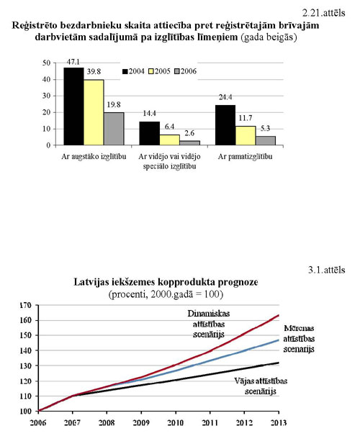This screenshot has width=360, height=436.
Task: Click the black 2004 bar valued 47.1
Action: (73, 106)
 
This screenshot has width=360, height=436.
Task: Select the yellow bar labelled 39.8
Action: (94, 112)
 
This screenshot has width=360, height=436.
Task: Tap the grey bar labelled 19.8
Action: (114, 129)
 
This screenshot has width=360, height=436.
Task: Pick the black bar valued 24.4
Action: (226, 125)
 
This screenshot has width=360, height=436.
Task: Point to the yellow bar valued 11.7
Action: (246, 135)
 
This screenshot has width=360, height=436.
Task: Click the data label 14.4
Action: (149, 114)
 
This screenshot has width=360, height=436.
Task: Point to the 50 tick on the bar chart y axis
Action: (47, 63)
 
